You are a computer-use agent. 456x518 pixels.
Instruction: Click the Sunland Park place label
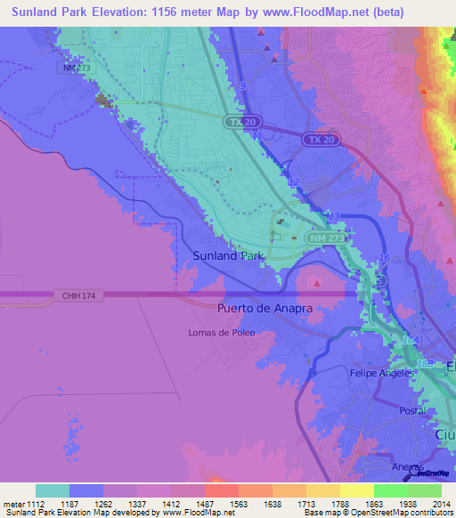[x=229, y=255]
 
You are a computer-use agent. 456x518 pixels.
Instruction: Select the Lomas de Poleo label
[x=221, y=333]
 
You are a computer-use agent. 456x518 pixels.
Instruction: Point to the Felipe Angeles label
[x=381, y=373]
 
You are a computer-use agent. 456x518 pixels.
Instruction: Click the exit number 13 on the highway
[x=334, y=216]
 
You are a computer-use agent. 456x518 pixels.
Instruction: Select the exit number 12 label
[x=294, y=182]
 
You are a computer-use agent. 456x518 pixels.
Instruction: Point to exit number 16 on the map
[x=385, y=257]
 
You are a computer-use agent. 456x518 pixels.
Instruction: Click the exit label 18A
[x=410, y=340]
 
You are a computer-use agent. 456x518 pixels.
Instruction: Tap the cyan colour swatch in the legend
[x=53, y=490]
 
